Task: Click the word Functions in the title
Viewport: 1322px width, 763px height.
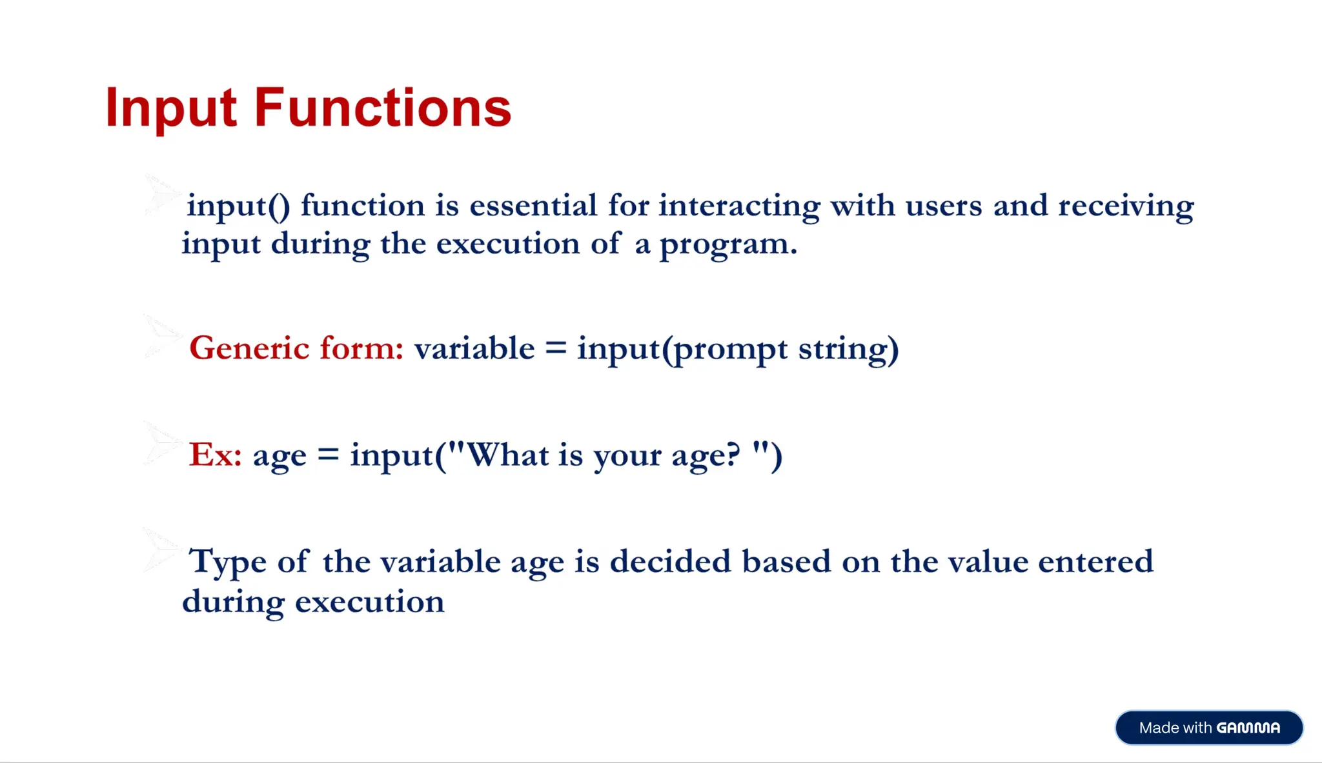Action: click(383, 107)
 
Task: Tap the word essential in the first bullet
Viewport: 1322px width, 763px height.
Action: click(533, 206)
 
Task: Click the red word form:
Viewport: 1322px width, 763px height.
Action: click(362, 348)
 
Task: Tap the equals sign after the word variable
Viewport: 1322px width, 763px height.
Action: click(556, 348)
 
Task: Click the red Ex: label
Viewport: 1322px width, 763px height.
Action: click(216, 455)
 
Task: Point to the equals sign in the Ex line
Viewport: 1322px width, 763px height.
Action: click(329, 455)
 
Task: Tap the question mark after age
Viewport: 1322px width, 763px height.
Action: click(733, 455)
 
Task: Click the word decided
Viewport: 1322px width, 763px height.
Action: click(671, 561)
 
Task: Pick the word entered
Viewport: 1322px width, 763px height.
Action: click(1095, 561)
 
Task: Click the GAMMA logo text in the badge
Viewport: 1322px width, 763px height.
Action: click(1248, 728)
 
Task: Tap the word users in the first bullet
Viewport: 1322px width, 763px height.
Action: click(944, 207)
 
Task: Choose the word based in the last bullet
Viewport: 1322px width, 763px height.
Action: click(786, 561)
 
